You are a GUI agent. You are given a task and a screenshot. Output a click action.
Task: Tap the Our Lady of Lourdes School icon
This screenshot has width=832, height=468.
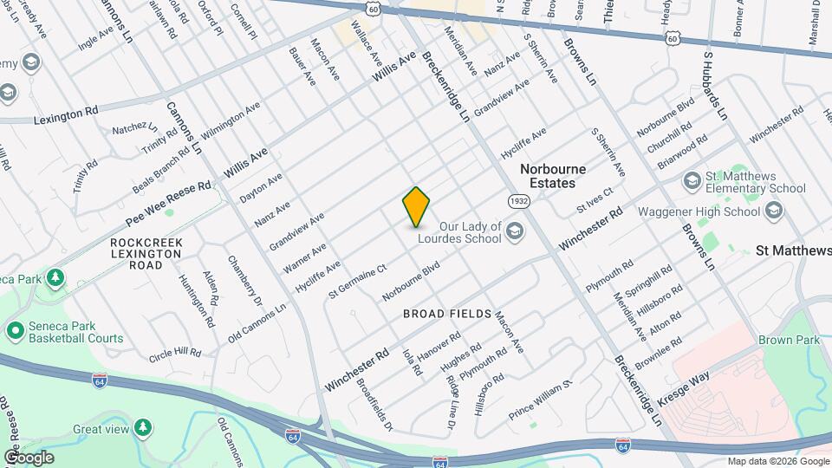[x=515, y=230]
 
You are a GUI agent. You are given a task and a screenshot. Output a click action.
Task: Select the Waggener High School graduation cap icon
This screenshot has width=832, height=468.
[x=774, y=211]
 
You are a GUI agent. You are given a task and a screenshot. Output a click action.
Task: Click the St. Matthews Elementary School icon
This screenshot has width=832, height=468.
[x=692, y=180]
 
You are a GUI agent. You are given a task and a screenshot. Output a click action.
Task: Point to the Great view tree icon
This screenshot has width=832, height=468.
[x=144, y=428]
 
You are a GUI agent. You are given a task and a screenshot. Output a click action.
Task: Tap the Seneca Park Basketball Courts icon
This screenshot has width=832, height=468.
[x=15, y=331]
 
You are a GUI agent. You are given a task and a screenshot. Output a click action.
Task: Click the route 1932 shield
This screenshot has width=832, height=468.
[x=519, y=200]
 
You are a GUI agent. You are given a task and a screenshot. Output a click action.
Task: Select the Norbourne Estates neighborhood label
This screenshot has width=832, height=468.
[x=553, y=176]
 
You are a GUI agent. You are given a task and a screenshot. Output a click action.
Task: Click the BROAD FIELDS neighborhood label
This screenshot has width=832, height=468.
[x=447, y=314]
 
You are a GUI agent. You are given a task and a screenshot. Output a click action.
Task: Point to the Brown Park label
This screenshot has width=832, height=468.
[x=788, y=340]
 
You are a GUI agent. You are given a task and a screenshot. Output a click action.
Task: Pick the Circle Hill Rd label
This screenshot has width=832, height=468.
[x=175, y=354]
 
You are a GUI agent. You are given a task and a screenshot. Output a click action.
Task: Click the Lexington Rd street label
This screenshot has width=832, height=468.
[x=66, y=114]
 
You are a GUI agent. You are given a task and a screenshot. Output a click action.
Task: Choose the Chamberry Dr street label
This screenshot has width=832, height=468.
[x=244, y=280]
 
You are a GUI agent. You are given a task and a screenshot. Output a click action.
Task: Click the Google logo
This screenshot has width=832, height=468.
[x=28, y=458]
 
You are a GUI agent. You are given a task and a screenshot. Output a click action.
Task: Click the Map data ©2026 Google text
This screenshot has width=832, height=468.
[x=778, y=461]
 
